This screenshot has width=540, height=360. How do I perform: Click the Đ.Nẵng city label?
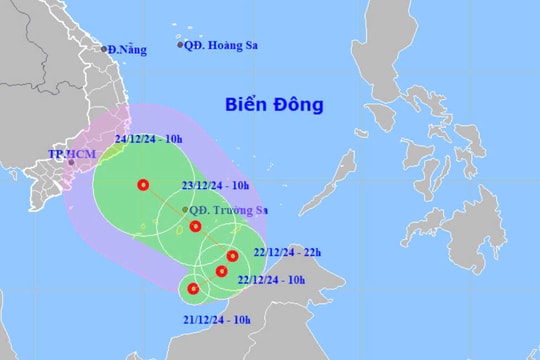125,50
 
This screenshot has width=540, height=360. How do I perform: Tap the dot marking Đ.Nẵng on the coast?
103,48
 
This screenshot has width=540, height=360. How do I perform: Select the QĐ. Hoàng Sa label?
215,45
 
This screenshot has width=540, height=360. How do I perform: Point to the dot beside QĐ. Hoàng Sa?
180,45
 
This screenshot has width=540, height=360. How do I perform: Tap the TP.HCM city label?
69,155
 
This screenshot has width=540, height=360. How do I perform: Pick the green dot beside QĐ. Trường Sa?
186,209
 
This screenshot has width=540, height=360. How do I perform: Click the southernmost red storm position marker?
193,290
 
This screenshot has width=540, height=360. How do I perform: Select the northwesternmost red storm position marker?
143,184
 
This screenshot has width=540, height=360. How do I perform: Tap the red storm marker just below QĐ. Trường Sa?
195,226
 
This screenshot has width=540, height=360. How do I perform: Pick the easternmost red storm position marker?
231,255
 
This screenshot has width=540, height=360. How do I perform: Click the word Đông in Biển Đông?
304,103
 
